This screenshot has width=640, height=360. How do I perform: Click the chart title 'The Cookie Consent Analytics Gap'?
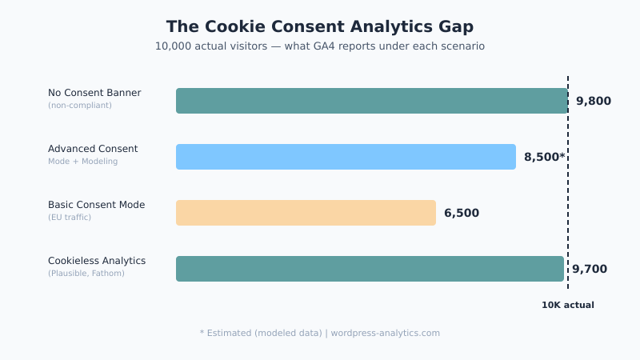point(319,27)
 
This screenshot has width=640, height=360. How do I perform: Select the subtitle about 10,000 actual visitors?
point(319,46)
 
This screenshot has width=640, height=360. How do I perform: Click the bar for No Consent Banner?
point(371,101)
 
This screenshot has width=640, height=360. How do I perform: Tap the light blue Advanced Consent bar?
point(346,157)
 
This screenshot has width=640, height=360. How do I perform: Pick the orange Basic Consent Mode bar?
point(306,213)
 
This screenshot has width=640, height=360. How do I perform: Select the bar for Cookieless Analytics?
point(370,269)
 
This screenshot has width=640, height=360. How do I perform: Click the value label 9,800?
point(593,101)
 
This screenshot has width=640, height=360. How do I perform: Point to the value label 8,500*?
point(544,157)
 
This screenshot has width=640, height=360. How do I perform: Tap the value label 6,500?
point(462,213)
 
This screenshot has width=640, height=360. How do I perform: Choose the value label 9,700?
point(589,269)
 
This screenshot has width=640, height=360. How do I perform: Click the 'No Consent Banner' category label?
point(94,93)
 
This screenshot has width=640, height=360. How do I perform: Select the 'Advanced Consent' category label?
point(93,149)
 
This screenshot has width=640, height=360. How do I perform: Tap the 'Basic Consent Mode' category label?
point(96,205)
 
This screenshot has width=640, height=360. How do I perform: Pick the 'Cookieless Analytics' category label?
point(97,261)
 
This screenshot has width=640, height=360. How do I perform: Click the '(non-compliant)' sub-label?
point(80,106)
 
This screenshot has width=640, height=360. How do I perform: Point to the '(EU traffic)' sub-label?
point(70,218)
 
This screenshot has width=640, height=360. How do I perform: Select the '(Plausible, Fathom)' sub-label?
point(86,274)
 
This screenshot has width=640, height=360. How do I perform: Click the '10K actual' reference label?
point(567,305)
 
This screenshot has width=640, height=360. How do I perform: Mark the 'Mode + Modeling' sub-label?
point(82,162)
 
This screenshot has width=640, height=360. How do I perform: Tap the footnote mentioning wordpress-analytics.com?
point(319,333)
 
